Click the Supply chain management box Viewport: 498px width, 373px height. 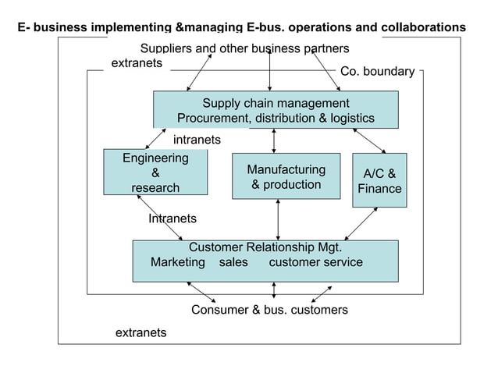276,110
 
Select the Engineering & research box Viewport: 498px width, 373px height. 155,172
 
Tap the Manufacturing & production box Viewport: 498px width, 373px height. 286,176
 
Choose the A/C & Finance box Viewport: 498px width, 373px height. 379,180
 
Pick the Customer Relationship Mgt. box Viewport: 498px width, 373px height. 265,261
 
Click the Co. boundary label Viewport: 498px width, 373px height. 378,72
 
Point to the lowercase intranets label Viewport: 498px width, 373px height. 197,140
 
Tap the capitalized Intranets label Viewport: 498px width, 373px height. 173,218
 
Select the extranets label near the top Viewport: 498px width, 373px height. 137,63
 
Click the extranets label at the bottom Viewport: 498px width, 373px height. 141,332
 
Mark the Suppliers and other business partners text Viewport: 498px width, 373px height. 244,48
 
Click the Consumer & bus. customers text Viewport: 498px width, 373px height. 269,310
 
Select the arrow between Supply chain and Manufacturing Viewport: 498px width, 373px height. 274,141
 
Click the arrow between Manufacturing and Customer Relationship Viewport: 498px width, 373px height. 278,220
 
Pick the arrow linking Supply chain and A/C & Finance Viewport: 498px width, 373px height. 369,141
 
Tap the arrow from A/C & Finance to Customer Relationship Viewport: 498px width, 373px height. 361,224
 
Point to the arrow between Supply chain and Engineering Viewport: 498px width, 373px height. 155,139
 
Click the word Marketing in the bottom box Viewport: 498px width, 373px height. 178,262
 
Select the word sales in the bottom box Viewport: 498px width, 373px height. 233,262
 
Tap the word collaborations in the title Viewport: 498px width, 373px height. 423,27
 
